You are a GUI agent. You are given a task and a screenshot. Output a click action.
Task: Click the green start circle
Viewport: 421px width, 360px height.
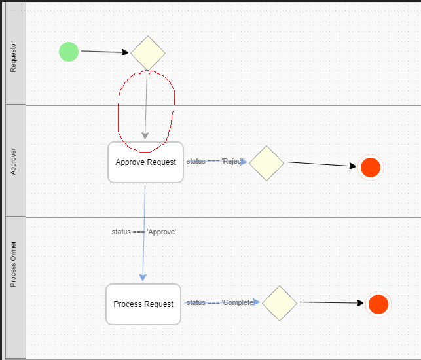click(x=69, y=51)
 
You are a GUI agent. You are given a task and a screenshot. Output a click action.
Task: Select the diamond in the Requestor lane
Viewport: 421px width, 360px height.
click(x=148, y=53)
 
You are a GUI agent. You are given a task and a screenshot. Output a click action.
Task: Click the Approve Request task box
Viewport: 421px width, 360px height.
click(x=145, y=162)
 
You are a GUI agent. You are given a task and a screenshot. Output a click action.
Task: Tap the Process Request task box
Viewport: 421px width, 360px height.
click(x=143, y=304)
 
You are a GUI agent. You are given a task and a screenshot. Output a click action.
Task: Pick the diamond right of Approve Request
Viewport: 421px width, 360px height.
click(x=266, y=162)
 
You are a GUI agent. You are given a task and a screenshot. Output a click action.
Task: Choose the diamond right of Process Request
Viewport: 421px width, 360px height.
click(x=280, y=303)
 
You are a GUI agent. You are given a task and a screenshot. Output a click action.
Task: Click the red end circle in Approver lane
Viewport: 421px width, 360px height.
click(x=370, y=168)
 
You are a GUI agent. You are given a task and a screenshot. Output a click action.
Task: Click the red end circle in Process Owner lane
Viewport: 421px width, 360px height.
click(x=378, y=304)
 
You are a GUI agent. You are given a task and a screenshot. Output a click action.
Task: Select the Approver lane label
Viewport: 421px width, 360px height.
click(x=13, y=161)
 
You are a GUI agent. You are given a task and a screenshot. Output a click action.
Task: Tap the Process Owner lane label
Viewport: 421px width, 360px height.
click(x=13, y=264)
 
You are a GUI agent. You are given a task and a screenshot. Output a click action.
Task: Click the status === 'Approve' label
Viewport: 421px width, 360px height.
click(x=144, y=232)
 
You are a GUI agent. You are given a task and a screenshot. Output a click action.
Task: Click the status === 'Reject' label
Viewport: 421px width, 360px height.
click(x=214, y=161)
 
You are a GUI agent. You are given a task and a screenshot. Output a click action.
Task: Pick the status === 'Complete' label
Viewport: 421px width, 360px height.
click(x=219, y=302)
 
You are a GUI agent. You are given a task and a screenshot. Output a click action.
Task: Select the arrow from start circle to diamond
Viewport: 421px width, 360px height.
click(x=105, y=52)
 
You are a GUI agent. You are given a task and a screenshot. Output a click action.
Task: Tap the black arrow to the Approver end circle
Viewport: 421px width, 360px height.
click(x=322, y=164)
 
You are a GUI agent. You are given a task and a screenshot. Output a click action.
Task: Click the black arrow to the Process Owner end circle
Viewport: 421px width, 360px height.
click(x=331, y=302)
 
